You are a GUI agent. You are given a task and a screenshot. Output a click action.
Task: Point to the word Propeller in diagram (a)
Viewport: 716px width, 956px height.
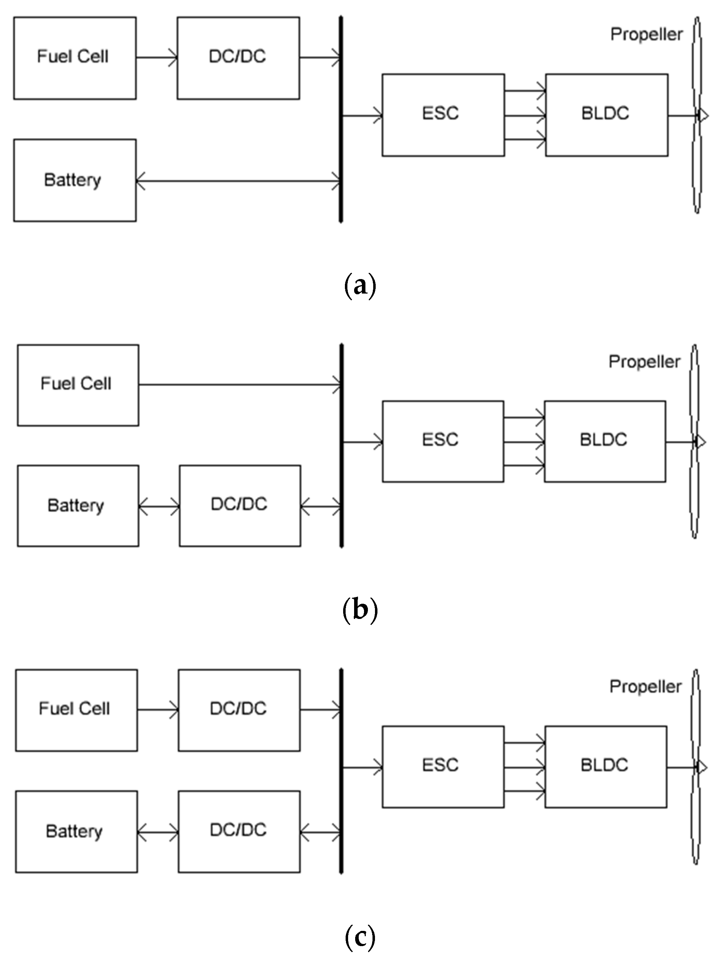pos(646,35)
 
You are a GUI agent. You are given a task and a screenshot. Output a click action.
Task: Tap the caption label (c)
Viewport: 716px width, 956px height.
pos(360,936)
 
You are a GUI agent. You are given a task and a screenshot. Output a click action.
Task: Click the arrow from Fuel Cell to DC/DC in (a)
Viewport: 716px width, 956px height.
pos(156,58)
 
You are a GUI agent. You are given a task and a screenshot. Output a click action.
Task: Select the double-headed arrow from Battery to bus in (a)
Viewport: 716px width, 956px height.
pos(238,181)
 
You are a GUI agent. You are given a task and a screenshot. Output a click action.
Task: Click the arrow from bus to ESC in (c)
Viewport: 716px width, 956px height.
pos(362,767)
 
